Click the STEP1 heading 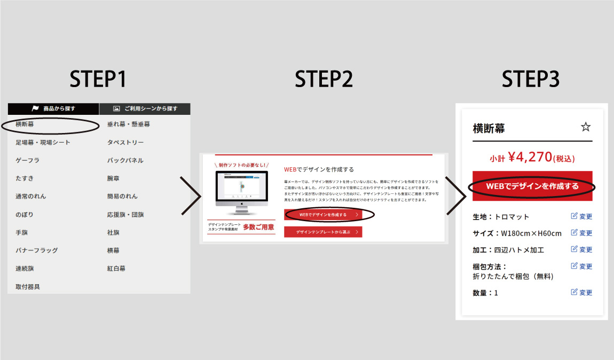point(99,79)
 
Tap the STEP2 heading point(324,79)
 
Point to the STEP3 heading point(531,79)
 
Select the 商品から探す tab point(53,108)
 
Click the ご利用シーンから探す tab point(145,108)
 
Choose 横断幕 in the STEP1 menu point(25,124)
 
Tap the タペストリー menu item point(125,143)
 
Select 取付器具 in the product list point(28,286)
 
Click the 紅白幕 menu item point(116,268)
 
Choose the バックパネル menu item point(125,160)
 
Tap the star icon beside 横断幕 point(586,127)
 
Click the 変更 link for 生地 point(582,217)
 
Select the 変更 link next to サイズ point(582,233)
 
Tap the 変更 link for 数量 point(582,293)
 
